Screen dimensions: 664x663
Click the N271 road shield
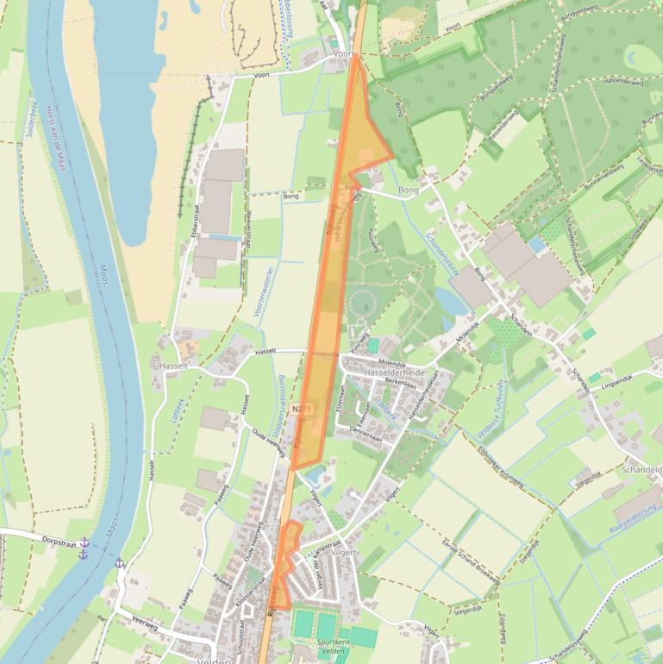(x=301, y=409)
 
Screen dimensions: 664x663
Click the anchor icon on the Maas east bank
(x=120, y=563)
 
